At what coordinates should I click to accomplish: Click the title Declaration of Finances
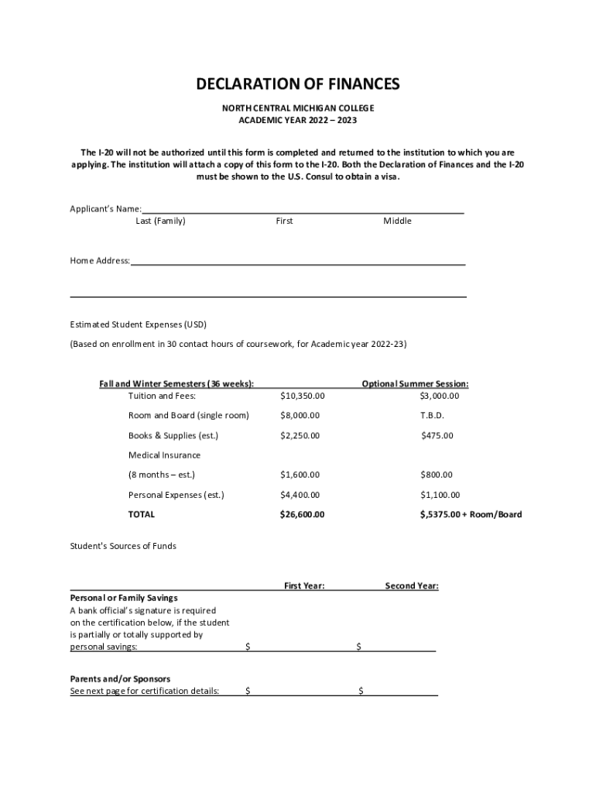(x=297, y=84)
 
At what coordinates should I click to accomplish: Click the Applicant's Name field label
(x=105, y=209)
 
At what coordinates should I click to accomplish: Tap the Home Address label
(x=100, y=261)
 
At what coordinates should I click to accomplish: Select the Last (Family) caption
(x=160, y=221)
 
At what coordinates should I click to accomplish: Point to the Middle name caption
(x=397, y=221)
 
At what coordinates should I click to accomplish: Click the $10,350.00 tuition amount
(x=302, y=396)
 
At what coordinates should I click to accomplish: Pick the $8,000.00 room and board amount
(x=300, y=416)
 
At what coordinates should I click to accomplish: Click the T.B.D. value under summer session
(x=432, y=416)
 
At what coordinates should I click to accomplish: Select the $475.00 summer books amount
(x=437, y=435)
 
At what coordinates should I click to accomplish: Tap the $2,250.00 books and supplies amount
(x=300, y=435)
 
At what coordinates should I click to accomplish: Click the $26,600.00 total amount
(x=302, y=514)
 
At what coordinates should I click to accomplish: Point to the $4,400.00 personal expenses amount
(x=300, y=495)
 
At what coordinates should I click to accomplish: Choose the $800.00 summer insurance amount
(x=437, y=475)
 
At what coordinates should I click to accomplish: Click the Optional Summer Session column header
(x=415, y=383)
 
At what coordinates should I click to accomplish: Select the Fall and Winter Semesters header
(x=176, y=383)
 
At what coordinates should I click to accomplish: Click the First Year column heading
(x=304, y=586)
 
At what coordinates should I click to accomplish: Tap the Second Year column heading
(x=412, y=586)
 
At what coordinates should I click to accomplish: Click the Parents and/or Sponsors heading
(x=120, y=679)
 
